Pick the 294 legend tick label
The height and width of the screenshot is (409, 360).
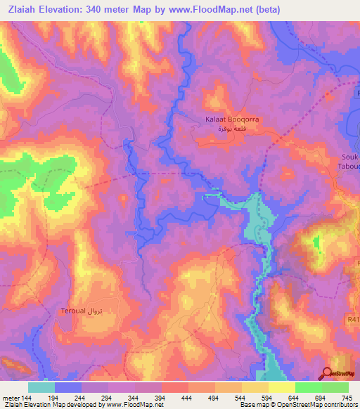tap(108, 397)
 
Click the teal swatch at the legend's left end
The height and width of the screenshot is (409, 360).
tap(41, 387)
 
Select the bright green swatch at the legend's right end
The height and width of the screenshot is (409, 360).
tap(335, 387)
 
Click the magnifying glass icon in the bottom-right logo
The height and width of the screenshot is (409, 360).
tap(328, 374)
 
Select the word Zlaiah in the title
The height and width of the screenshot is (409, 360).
tap(23, 9)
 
